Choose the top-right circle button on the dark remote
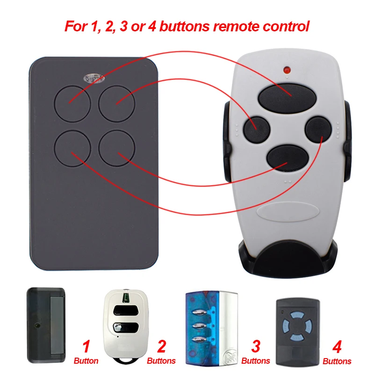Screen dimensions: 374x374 (117, 101)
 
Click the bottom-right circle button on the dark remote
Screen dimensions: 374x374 (117, 147)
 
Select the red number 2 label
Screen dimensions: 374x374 (161, 346)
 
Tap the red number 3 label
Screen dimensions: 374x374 (256, 346)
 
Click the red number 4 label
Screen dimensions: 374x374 (337, 346)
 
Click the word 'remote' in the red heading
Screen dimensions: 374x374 (234, 26)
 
